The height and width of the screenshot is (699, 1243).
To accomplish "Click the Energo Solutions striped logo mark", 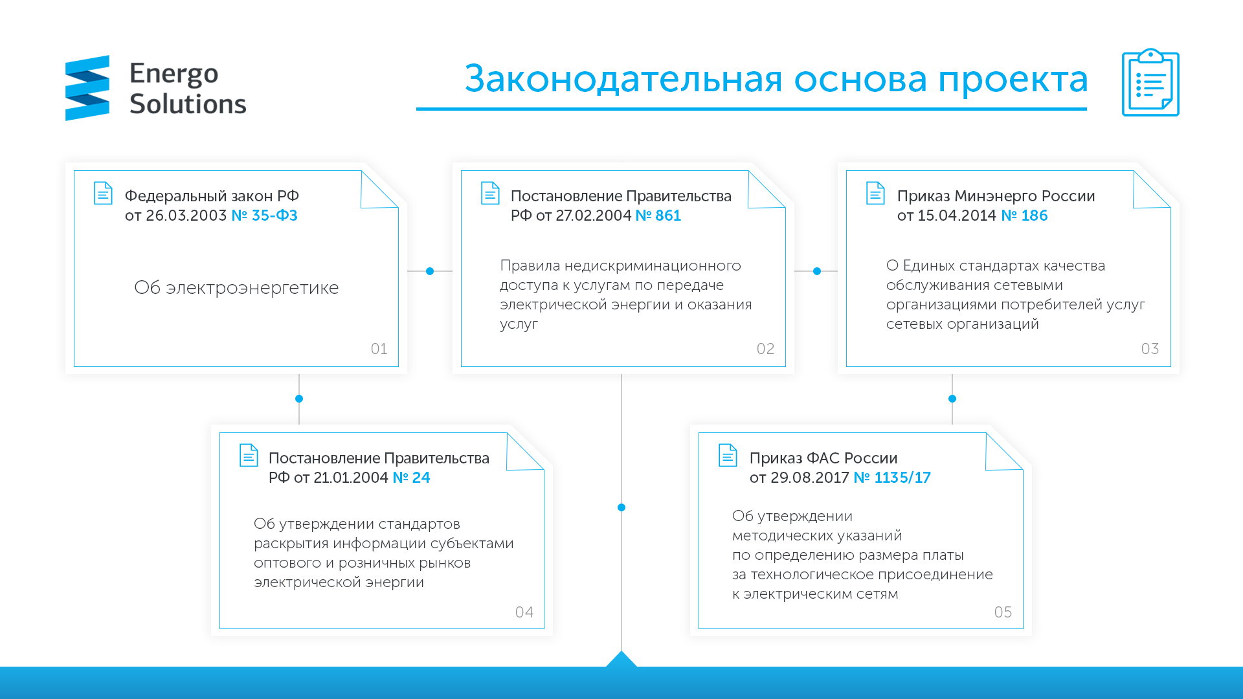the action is coord(87,88).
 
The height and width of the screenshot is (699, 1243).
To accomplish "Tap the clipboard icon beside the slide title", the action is coord(1150,82).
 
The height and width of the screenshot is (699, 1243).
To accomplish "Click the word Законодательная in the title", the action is coord(623,79).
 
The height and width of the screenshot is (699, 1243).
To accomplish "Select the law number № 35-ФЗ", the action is coord(264,216).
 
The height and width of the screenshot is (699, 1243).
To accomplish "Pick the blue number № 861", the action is coord(658,216).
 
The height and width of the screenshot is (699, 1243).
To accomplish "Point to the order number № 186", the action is coord(1024,216).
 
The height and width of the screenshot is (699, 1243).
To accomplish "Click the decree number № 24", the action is coord(411,478).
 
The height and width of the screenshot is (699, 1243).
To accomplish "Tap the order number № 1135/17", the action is coord(892,478).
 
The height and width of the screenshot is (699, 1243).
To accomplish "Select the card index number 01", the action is coord(379,349).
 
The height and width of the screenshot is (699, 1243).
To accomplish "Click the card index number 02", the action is coord(766,349).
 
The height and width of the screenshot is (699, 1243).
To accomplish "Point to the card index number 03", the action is coord(1150,349).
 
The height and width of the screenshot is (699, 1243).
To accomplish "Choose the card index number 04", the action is coord(524,612).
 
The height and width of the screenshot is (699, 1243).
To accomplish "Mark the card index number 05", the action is coord(1003,612).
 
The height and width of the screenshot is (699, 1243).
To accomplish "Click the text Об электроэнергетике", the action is coord(236,287).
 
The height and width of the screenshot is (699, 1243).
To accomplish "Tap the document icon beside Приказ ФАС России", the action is coord(728,455).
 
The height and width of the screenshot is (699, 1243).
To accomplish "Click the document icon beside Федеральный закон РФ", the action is coord(103,193).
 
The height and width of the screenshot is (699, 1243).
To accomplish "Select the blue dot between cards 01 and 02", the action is coord(430,271).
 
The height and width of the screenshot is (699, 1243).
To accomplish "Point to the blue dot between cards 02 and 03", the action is coord(817,271).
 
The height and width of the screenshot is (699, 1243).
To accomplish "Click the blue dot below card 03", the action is coord(952,399).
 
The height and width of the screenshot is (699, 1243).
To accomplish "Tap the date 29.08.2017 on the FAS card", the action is coord(810,478).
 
